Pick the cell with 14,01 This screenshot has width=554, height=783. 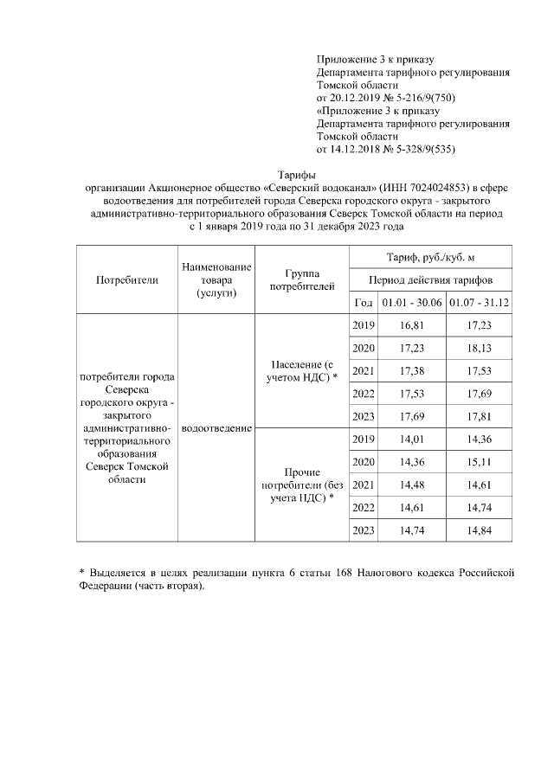pyautogui.click(x=411, y=440)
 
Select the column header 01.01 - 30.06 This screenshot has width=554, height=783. pyautogui.click(x=411, y=301)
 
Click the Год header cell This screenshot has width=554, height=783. pyautogui.click(x=364, y=301)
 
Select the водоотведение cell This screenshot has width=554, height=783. pyautogui.click(x=216, y=428)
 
